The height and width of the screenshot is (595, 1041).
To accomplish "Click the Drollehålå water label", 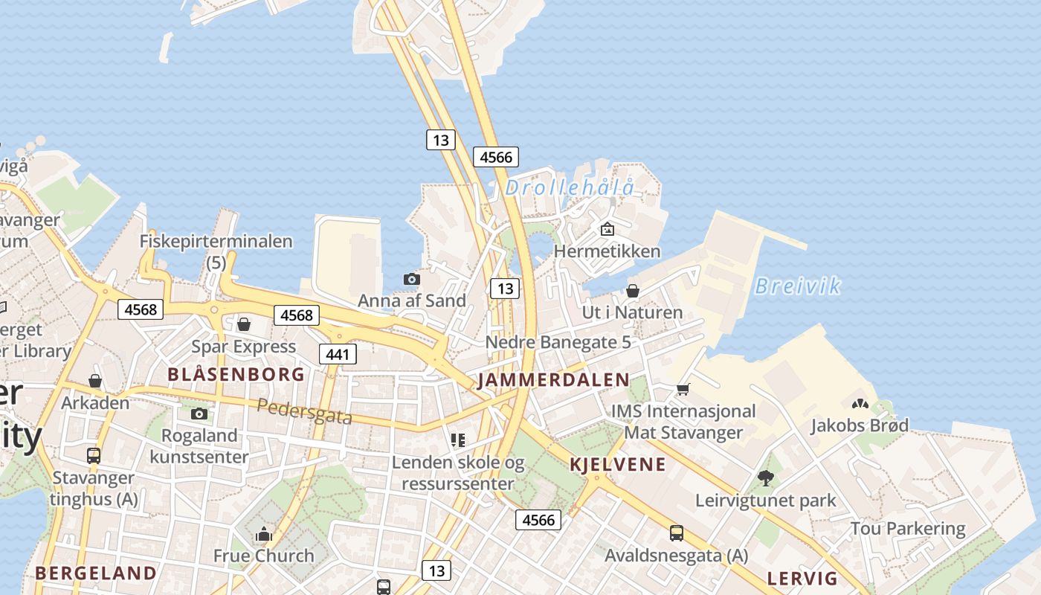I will point(570,187).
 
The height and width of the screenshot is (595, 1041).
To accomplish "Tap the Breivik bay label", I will point(797,286).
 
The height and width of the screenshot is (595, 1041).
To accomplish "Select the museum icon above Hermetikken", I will point(607,229).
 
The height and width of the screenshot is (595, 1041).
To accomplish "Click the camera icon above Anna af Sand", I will point(411,279).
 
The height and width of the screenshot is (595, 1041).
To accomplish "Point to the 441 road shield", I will point(338,354).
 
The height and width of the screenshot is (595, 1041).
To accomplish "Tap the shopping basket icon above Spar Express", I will point(243,324).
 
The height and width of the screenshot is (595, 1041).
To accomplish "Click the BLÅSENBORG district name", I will point(236,374).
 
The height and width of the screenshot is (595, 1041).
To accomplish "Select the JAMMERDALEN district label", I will point(553,380).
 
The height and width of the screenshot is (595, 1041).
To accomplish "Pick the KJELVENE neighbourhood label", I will point(617,466).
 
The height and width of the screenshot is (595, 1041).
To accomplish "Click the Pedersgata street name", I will point(305,411).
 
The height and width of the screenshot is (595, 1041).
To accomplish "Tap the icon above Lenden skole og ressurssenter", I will point(458,440).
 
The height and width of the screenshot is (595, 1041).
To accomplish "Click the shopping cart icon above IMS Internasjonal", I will point(683,389).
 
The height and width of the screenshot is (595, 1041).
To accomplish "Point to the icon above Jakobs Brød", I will point(860,404).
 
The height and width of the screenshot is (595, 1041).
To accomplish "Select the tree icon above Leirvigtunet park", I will point(765,477).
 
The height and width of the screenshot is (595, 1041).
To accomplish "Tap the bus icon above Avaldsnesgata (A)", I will point(676,533).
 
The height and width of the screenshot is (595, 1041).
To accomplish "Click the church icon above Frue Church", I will point(263,534).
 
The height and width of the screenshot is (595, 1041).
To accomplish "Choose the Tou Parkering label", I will point(907,529).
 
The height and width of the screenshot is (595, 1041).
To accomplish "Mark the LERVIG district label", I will point(802,579).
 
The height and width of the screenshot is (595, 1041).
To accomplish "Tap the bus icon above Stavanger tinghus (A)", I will point(94,455).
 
